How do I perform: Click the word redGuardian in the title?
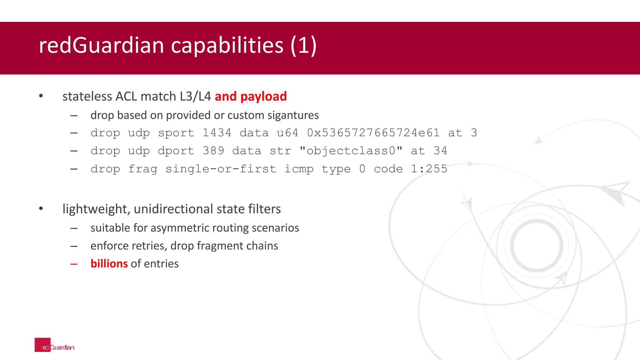[x=101, y=45]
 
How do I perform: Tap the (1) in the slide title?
[x=303, y=45]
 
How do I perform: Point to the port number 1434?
[x=217, y=133]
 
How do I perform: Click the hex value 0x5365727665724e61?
[x=373, y=133]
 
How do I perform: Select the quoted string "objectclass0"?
[x=351, y=151]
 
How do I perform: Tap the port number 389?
[x=213, y=151]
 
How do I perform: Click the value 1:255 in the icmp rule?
[x=429, y=169]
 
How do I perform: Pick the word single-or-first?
[x=221, y=169]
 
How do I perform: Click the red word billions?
[x=109, y=264]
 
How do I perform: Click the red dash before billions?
[x=74, y=264]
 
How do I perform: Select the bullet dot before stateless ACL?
[x=41, y=96]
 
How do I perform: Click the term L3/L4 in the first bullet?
[x=195, y=96]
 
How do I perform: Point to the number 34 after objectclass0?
[x=440, y=151]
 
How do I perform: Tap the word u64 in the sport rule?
[x=287, y=133]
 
